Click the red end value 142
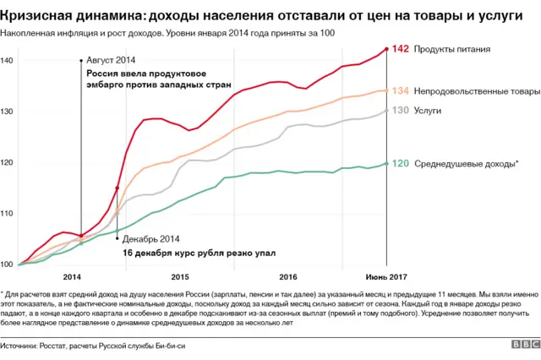coord(402,49)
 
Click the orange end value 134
coord(402,90)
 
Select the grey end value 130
coord(402,111)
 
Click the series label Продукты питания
coord(457,49)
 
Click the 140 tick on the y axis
coord(7,61)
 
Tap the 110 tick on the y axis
coord(7,214)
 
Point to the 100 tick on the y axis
coord(7,265)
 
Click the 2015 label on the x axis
coord(180,276)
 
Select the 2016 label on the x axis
coord(287,276)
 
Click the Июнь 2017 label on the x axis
coord(386,276)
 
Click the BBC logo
coord(523,345)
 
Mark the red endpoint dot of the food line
coord(386,49)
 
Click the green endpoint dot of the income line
coord(386,163)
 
